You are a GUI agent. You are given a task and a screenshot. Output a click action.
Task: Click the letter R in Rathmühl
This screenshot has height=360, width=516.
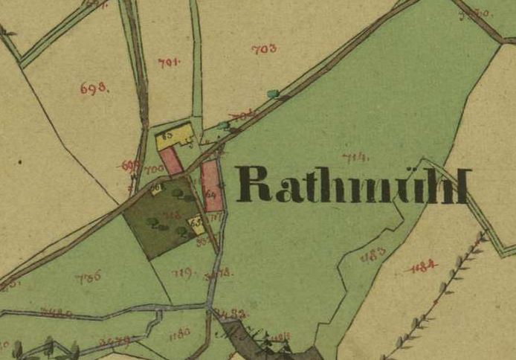[254, 184]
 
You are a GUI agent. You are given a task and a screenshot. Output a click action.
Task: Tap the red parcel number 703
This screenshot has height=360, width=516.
[264, 49]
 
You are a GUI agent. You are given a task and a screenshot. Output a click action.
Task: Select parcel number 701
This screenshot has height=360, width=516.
[170, 62]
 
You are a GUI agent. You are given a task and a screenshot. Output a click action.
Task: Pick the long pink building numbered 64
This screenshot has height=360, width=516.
[211, 185]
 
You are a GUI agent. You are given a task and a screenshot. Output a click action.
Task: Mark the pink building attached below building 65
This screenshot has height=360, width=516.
[172, 161]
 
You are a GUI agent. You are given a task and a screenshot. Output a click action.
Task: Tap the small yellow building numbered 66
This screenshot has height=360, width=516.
[157, 189]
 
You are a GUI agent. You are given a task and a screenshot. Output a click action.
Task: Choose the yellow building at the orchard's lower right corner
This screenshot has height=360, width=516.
[196, 222]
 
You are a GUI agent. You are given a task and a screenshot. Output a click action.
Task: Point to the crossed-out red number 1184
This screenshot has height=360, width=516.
[422, 266]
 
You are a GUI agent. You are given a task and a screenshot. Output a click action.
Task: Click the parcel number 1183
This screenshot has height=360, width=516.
[373, 257]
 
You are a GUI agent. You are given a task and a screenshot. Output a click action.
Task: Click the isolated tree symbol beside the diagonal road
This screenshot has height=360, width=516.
[273, 94]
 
